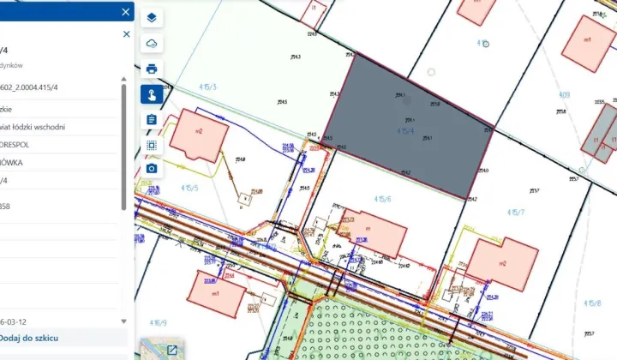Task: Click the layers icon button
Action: (x=152, y=17)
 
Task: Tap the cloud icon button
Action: (x=152, y=43)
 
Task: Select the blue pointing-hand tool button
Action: (x=152, y=94)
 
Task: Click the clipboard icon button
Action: (x=152, y=119)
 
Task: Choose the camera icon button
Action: (x=152, y=168)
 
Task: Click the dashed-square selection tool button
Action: (x=152, y=145)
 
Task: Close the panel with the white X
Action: (x=126, y=12)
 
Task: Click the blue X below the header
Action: (x=126, y=34)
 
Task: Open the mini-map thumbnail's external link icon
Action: (x=172, y=350)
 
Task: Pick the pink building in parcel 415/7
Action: (x=502, y=263)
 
